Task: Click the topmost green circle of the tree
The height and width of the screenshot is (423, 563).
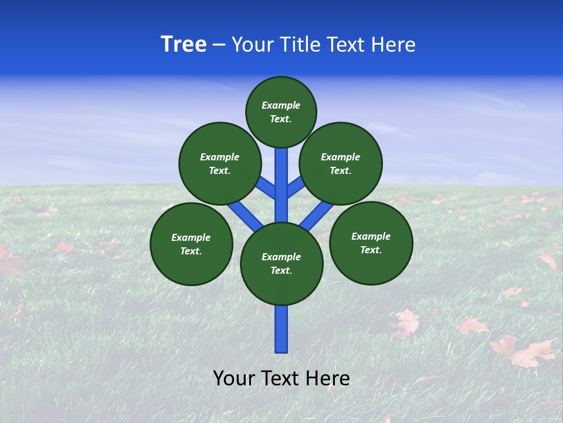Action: (281, 112)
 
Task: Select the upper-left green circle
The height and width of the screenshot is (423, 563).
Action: (220, 163)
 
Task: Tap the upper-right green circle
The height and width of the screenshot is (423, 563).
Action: (341, 163)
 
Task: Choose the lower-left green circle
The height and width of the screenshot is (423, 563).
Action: (191, 244)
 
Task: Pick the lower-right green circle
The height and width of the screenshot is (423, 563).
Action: (371, 243)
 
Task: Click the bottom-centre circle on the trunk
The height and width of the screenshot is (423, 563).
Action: (281, 264)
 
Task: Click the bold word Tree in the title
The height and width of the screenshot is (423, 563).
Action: (184, 44)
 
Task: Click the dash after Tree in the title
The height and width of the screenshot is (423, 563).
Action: (219, 45)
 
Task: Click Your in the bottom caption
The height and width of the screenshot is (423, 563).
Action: (233, 378)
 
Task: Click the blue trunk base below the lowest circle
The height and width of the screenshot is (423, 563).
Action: (281, 329)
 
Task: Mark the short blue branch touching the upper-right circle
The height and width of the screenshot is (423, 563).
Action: (295, 187)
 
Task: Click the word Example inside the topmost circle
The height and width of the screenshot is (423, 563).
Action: (281, 106)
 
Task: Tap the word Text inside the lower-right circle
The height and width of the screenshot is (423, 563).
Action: (371, 250)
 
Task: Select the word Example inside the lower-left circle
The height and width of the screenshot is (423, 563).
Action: (191, 237)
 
